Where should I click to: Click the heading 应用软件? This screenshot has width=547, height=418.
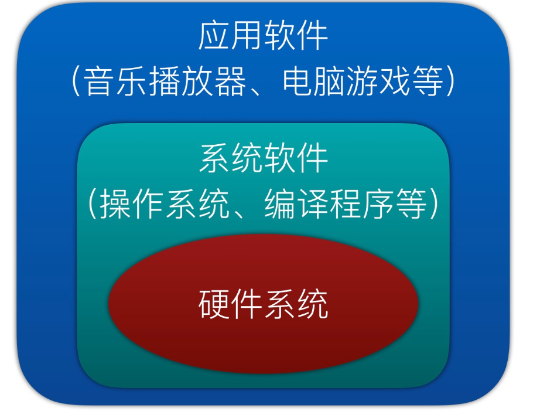[x=263, y=36]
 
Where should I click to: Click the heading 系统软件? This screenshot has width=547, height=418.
[x=263, y=159]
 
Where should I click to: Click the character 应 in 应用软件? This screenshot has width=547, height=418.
[x=214, y=36]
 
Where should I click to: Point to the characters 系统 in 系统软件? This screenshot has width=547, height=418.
[x=231, y=159]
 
